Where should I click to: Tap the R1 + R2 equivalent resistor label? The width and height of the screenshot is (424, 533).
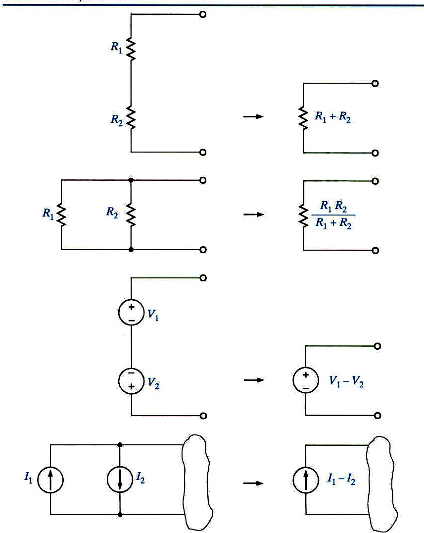coord(333,117)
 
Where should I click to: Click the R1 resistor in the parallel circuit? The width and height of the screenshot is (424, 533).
coord(61,215)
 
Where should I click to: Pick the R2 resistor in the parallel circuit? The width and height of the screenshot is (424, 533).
coord(131,215)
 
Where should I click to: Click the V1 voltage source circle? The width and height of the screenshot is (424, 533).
coord(131,314)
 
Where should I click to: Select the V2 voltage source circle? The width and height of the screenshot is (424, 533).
coord(131,380)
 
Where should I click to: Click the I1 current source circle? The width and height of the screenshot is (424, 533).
coord(50,480)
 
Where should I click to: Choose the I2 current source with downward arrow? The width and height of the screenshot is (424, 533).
coord(120,480)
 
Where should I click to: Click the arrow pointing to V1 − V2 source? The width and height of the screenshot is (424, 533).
coord(252,380)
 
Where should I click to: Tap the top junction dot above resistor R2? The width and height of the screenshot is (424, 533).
coord(131,180)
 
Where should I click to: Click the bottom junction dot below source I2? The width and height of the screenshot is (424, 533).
coord(120,515)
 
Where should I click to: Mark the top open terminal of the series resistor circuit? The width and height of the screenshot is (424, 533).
coord(202,14)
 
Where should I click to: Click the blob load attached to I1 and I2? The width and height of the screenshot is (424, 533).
coord(198,480)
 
